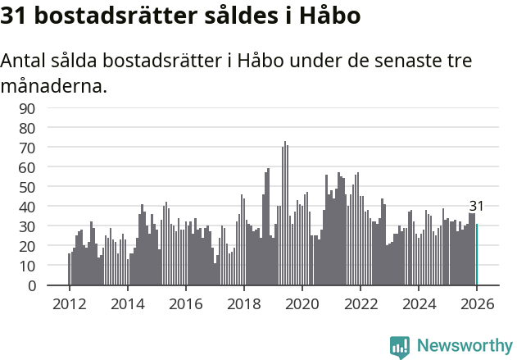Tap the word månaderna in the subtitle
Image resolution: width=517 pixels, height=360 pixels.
click(54, 85)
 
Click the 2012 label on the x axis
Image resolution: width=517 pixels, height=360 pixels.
click(69, 303)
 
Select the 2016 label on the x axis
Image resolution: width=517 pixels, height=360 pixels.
click(185, 303)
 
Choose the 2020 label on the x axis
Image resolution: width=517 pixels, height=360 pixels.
click(302, 303)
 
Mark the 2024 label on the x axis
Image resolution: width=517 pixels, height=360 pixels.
click(419, 303)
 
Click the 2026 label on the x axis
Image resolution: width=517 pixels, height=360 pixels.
click(477, 303)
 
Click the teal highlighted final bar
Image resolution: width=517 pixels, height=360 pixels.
click(477, 255)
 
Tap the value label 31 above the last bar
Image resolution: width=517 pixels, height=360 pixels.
click(477, 207)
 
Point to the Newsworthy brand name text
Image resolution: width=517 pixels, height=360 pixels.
click(464, 346)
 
